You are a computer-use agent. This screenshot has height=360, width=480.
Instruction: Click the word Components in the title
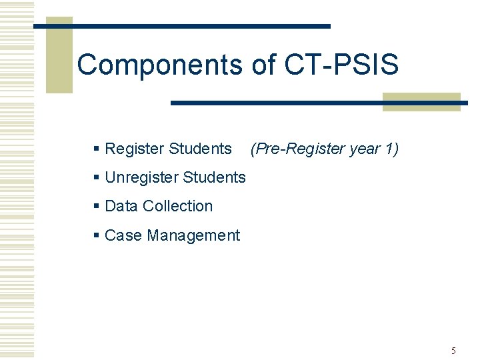point(160,65)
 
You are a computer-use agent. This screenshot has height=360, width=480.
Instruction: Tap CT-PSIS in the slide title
point(342,65)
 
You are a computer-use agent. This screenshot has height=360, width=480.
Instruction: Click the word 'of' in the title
point(265,65)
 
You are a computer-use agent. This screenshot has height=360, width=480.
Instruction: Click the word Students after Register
point(200,149)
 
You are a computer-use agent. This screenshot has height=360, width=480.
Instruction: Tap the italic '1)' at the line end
point(392,149)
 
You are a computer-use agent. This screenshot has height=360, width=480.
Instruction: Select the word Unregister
point(141,178)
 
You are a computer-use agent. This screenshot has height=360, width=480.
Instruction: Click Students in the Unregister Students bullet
point(214,178)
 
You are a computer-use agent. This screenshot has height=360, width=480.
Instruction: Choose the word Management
point(193,236)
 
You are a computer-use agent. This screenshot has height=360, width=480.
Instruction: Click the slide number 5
point(453,351)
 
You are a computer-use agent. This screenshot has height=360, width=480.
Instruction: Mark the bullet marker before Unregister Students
point(97,178)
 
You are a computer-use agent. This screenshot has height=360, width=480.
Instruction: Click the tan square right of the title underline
point(421,102)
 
